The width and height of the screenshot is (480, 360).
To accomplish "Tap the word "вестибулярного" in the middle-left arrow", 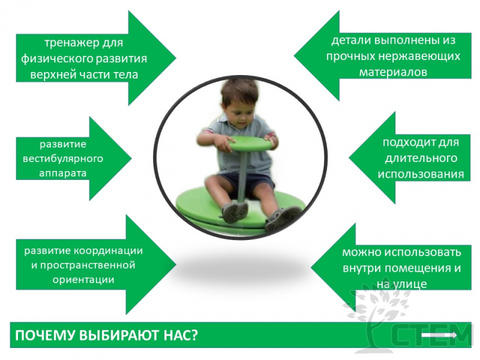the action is pos(63,159).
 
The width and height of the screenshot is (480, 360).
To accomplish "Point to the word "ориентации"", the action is pos(83,280).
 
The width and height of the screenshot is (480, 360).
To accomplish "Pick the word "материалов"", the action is pos(393,73).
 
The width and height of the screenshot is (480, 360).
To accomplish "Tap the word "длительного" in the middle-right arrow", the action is pos(421,158).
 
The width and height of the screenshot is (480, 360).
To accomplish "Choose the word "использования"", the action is pos(421,175).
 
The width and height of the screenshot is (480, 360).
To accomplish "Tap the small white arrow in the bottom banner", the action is pos(439,335).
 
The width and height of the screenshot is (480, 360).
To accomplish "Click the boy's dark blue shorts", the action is pos(245,183).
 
